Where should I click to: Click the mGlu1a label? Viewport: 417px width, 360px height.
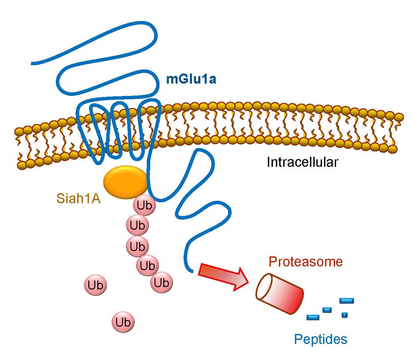[x=191, y=79]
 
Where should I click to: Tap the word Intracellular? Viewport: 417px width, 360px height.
[x=302, y=162]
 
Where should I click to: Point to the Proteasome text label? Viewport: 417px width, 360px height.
[x=306, y=261]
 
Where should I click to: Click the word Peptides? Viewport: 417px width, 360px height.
[x=320, y=339]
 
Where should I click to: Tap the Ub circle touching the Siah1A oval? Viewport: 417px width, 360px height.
[x=144, y=205]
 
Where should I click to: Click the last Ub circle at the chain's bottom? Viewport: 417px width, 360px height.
[x=162, y=283]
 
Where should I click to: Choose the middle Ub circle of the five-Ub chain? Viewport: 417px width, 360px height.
[x=137, y=247]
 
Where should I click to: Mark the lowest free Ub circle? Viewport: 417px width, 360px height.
[x=123, y=322]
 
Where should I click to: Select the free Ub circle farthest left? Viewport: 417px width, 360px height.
[x=96, y=285]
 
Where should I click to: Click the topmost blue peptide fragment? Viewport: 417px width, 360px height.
[x=346, y=301]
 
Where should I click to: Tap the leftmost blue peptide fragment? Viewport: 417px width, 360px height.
[x=313, y=317]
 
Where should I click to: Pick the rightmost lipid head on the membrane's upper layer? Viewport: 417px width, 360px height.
[x=399, y=117]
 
